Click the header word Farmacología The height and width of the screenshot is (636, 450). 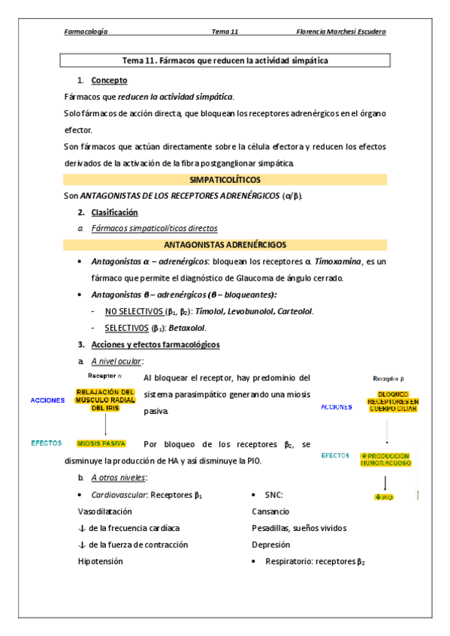[86, 31]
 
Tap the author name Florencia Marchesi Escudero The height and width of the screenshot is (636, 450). [342, 31]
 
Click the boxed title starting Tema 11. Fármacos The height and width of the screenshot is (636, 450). [224, 60]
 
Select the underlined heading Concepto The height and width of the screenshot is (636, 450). [109, 80]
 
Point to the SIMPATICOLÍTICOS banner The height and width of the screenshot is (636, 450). [225, 180]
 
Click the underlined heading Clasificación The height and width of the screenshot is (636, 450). [114, 212]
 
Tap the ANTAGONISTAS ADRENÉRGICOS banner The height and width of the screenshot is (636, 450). [225, 244]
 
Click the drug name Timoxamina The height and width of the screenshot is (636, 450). [337, 262]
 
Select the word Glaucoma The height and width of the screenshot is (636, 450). [242, 278]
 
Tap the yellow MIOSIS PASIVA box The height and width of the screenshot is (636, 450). [101, 443]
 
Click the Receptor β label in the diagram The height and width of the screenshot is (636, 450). [388, 379]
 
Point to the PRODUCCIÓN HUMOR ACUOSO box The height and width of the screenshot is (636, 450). [385, 459]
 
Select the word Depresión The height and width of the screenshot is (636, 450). [270, 544]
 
